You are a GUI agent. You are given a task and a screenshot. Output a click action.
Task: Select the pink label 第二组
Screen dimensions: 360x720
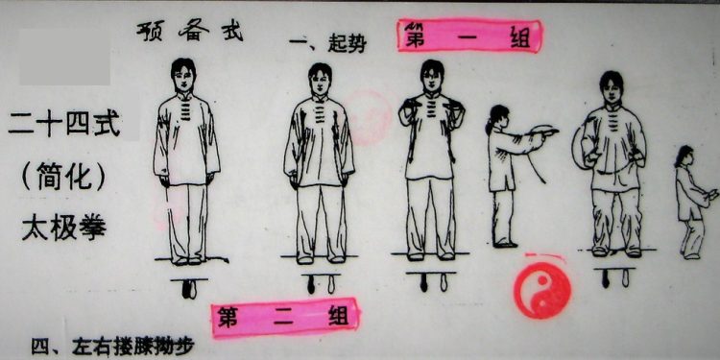tap(285, 315)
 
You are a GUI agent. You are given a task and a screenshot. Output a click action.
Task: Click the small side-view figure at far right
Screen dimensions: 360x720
tap(690, 202)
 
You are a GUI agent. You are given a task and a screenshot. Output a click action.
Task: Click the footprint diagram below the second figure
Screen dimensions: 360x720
tap(320, 284)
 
